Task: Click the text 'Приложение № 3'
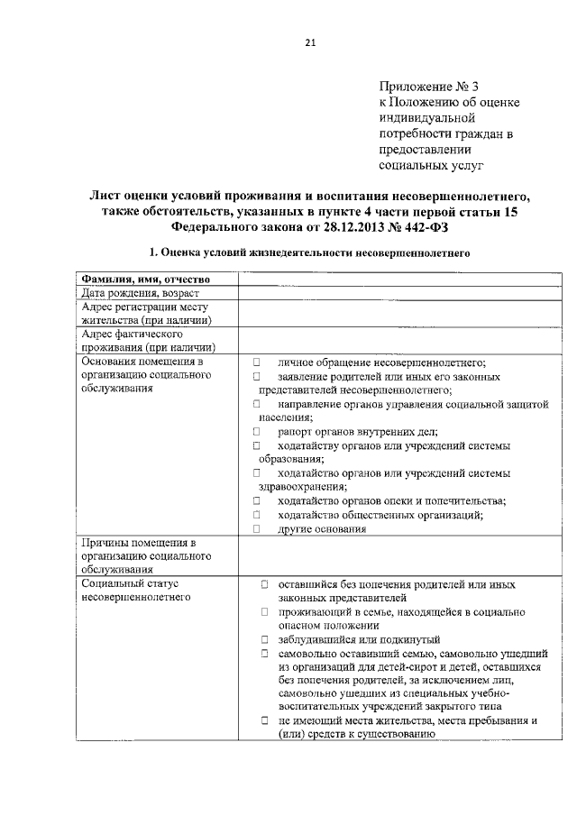(x=428, y=87)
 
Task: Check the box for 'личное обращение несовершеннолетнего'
(x=256, y=362)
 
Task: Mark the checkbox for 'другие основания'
(x=256, y=529)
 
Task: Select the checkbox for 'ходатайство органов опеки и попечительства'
(x=256, y=501)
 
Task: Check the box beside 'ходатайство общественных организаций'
(x=256, y=515)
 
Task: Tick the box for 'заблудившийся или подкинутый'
(x=264, y=638)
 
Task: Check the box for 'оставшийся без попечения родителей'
(x=264, y=584)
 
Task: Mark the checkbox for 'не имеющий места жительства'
(x=264, y=721)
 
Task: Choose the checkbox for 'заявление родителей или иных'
(x=256, y=377)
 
